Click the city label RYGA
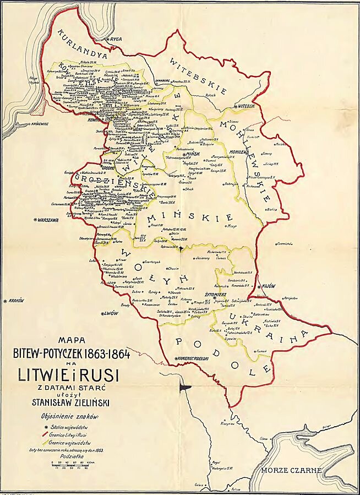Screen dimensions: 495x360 [x=116, y=40]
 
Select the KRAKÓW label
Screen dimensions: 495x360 [x=17, y=301]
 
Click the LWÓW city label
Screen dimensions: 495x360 [x=111, y=313]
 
